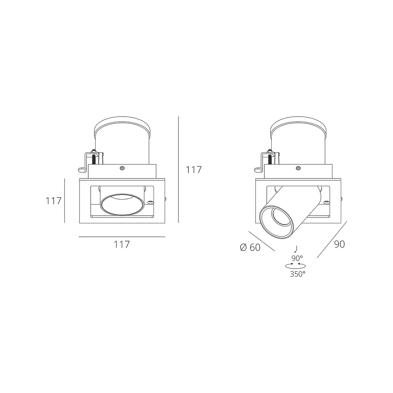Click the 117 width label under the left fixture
coord(122,244)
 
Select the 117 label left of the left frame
coord(53,201)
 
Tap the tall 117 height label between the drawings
coord(194,170)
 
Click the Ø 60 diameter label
coord(250,248)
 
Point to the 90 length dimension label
coord(339,244)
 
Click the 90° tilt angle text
coord(297,258)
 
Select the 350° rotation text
coord(298,274)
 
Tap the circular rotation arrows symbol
coord(296,266)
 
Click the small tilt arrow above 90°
coord(296,249)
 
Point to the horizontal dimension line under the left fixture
coord(122,236)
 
